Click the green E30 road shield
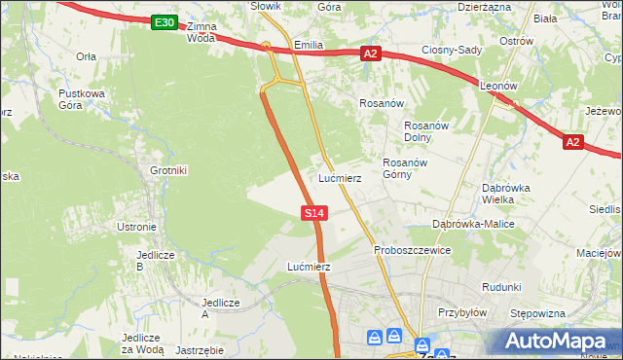(x=165, y=22)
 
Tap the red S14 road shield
(x=312, y=212)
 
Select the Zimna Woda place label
(x=201, y=32)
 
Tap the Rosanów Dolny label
(x=424, y=130)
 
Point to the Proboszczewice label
(x=412, y=250)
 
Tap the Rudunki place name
(x=501, y=287)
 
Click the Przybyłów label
(x=461, y=313)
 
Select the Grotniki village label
(x=167, y=170)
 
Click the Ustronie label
(x=136, y=227)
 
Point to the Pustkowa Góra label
(x=81, y=99)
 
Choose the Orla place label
(x=86, y=56)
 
